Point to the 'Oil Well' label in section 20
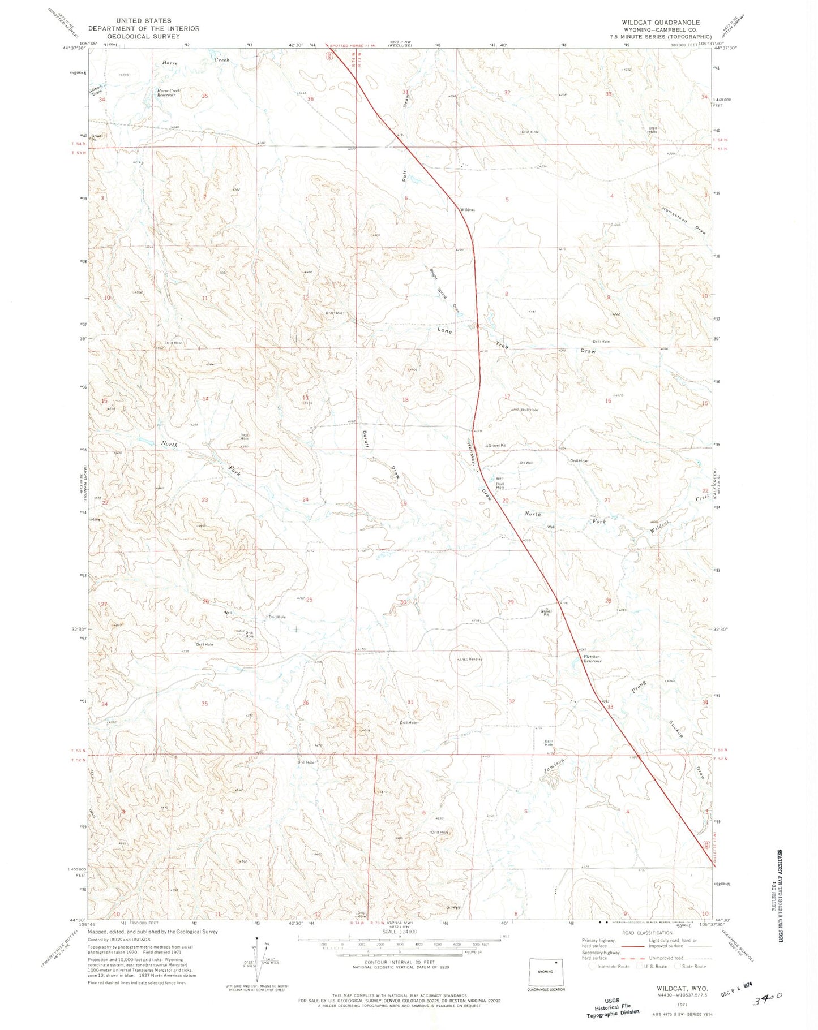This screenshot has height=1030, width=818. [x=526, y=463]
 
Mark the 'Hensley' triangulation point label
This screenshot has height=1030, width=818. [x=474, y=660]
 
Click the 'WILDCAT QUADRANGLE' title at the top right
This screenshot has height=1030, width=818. [x=661, y=23]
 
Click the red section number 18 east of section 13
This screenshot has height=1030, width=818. [x=405, y=400]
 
